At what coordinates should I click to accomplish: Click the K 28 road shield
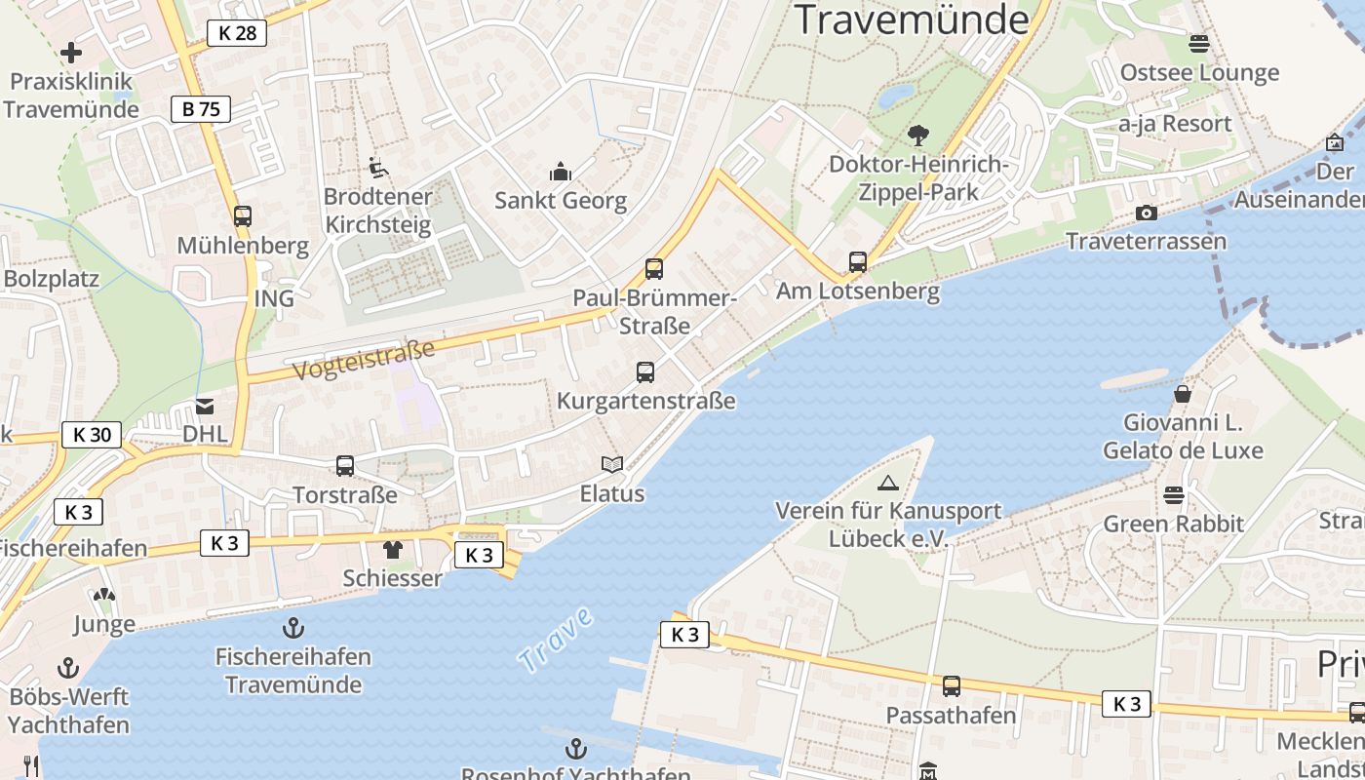tap(237, 33)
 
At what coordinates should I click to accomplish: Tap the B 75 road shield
tap(201, 109)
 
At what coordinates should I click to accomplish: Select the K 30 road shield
tap(93, 435)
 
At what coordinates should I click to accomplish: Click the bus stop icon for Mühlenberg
tap(243, 215)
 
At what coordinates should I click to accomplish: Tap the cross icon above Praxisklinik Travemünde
tap(71, 53)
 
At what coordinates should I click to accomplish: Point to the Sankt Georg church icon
tap(561, 172)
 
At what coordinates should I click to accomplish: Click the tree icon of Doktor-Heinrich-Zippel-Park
tap(917, 135)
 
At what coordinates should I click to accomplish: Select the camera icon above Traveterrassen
tap(1147, 213)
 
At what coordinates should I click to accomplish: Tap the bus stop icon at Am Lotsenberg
tap(858, 261)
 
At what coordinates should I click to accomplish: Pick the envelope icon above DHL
tap(205, 406)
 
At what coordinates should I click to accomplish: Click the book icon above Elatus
tap(612, 465)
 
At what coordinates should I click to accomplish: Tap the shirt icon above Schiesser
tap(392, 550)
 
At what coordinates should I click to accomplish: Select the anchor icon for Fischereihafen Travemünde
tap(292, 628)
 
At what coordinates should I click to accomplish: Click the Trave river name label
tap(555, 640)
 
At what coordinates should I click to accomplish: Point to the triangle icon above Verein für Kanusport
tap(888, 483)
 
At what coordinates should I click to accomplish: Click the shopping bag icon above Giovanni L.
tap(1183, 394)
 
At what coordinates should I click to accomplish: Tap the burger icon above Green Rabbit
tap(1174, 495)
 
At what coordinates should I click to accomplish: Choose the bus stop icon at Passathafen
tap(952, 686)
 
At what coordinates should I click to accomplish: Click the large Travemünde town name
tap(913, 19)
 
